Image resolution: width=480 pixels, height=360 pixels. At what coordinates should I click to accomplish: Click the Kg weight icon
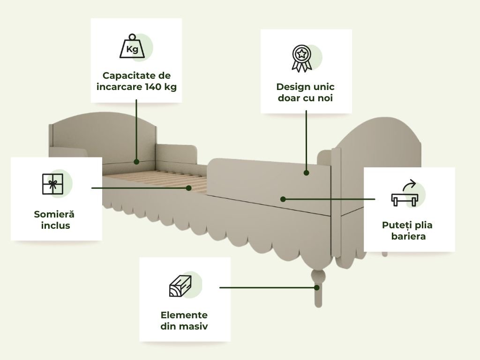coord(132,47)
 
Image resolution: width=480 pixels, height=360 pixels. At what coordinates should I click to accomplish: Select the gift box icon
coord(52,184)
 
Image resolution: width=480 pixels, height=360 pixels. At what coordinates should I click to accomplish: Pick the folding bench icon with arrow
coord(404,196)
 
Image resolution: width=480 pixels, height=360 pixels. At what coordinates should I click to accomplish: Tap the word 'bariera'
coord(409,236)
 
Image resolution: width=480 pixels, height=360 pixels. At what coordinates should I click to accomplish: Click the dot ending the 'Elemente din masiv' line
coord(317,287)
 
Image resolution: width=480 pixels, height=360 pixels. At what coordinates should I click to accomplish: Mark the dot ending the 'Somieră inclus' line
coord(189,188)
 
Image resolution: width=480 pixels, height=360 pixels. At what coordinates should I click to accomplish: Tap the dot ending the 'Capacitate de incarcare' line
coord(136,162)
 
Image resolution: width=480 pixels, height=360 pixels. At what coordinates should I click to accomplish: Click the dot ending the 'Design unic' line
coord(306,172)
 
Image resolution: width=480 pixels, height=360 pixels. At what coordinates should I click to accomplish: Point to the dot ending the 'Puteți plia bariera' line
coord(283,199)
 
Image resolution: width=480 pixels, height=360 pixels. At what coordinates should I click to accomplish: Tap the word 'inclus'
coord(54,225)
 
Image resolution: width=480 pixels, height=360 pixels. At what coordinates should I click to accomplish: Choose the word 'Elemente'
coord(184,315)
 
